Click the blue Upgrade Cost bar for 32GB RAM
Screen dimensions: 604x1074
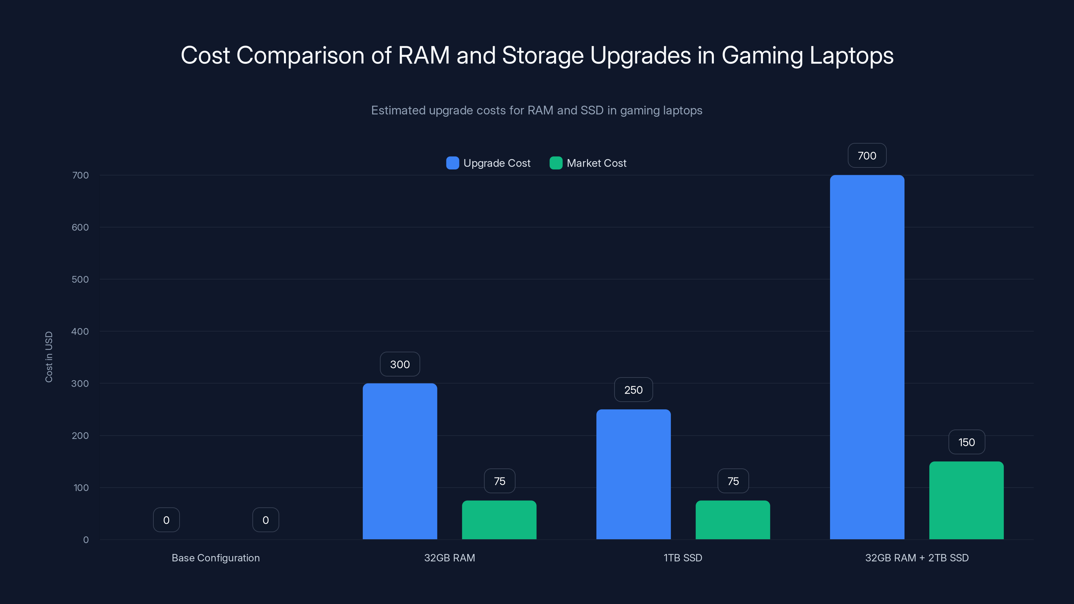400,461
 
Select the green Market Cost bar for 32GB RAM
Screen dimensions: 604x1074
499,520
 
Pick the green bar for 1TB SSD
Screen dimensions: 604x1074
733,520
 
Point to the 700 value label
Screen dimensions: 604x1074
867,155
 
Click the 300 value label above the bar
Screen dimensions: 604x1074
400,364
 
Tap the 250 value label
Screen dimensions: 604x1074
633,390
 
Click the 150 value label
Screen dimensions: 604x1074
967,442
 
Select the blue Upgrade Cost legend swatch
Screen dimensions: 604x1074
452,163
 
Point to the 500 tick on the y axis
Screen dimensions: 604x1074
80,279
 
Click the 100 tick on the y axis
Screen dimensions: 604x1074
81,488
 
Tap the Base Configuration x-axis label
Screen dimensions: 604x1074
215,558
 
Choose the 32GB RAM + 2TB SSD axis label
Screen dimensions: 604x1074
917,558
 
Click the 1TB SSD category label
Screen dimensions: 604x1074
683,558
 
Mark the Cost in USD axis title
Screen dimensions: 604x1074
49,357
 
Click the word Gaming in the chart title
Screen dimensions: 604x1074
762,55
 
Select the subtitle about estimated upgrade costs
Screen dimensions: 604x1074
537,110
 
